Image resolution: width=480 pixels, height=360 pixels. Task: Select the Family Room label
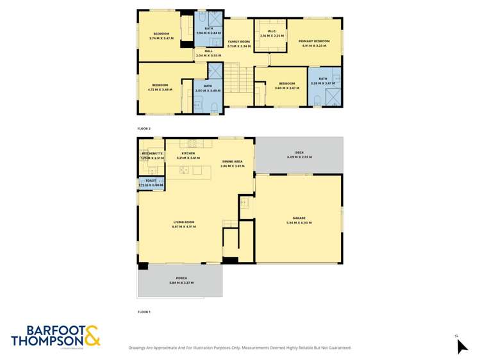tap(238, 41)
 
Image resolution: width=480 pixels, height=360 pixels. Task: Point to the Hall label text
tap(208, 51)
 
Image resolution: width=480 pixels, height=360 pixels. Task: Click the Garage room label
tap(298, 218)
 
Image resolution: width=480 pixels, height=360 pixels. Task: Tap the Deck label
tap(299, 152)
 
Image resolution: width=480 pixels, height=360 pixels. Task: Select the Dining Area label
tap(233, 161)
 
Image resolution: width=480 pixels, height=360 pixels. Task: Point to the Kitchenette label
tap(152, 154)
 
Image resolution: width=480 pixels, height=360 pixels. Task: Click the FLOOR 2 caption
tap(144, 129)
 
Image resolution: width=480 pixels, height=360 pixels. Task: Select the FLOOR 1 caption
tap(144, 311)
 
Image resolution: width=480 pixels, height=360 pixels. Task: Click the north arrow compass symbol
tap(461, 346)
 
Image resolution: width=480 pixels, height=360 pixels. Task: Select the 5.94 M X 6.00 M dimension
tap(298, 222)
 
